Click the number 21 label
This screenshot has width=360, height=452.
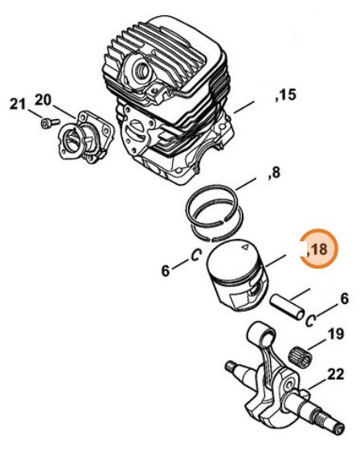(18, 103)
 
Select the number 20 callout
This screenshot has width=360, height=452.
(43, 99)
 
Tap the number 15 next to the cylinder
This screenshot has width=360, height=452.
(286, 97)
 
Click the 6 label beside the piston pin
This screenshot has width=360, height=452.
(343, 299)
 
